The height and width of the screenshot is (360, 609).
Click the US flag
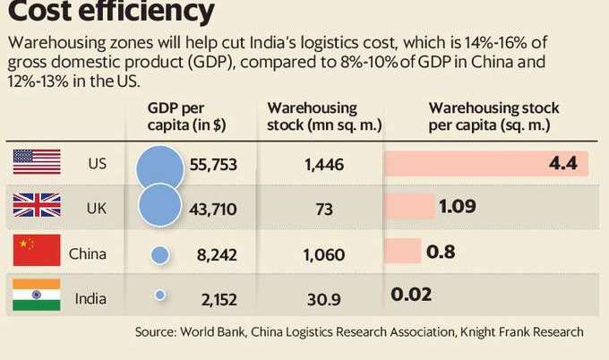37,163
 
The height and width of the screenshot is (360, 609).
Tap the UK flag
37,208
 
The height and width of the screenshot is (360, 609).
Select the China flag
37,252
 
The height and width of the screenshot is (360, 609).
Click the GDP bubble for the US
161,166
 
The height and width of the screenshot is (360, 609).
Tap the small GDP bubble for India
160,294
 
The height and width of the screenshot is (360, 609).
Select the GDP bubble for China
160,254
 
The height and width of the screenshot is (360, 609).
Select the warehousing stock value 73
324,209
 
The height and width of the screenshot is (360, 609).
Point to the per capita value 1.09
457,208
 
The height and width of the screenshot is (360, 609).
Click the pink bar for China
401,252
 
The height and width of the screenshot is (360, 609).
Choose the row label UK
96,208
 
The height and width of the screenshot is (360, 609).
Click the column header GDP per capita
186,116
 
